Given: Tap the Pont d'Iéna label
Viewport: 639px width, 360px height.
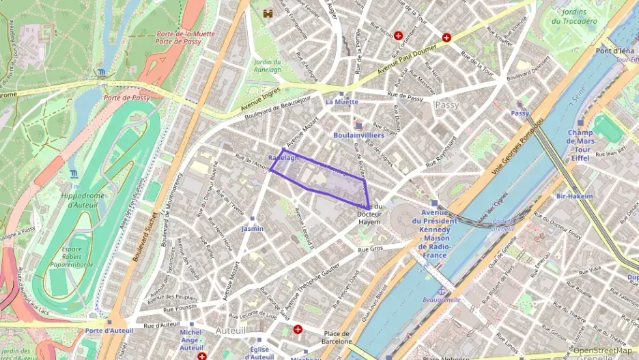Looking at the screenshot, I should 614,51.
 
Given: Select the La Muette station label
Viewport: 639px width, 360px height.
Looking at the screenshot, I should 341,102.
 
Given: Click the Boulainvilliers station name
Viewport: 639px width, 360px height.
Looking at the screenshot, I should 358,135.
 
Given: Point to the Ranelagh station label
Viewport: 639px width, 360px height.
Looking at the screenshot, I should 284,158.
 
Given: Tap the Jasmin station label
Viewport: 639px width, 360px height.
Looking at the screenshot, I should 252,229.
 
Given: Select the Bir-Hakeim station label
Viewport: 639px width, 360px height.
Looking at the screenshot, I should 574,196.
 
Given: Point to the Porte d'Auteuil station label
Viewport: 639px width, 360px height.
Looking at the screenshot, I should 108,331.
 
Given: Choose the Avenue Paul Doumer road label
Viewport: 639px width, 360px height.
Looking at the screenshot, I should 410,57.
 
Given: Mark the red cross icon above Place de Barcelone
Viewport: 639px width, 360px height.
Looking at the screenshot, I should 298,329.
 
